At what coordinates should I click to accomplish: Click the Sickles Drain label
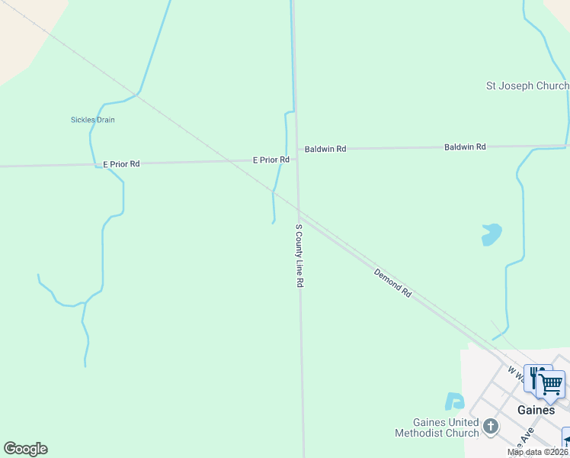click(93, 120)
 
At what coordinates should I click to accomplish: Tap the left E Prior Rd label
click(122, 164)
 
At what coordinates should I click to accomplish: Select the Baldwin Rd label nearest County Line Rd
click(325, 149)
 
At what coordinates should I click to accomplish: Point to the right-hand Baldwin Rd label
click(465, 147)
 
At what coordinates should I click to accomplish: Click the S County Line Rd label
click(300, 255)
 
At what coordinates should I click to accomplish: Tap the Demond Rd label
click(393, 282)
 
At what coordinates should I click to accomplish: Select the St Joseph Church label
click(527, 86)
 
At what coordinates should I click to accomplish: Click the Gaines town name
click(536, 410)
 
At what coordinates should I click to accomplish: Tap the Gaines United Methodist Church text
click(437, 427)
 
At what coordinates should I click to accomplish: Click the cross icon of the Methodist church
click(491, 427)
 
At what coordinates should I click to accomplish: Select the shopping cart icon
click(551, 383)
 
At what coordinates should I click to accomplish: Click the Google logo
click(25, 449)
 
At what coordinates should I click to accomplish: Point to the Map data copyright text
click(538, 452)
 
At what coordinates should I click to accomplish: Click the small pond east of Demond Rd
click(492, 234)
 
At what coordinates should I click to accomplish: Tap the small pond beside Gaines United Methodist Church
click(454, 401)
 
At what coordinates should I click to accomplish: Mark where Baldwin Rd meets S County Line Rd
click(296, 149)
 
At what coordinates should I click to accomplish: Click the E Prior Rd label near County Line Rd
click(271, 160)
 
